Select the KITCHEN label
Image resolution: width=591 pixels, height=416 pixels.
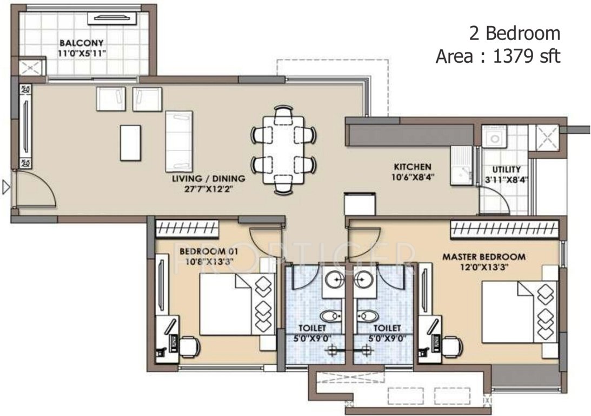click(x=412, y=166)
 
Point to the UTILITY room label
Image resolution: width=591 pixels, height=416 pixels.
click(x=507, y=169)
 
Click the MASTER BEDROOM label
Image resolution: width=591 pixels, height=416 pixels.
click(x=491, y=256)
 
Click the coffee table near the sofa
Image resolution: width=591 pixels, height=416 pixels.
click(x=130, y=142)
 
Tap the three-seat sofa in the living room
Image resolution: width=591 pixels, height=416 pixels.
click(x=178, y=141)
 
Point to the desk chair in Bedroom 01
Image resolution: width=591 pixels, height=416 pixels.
click(x=189, y=347)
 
